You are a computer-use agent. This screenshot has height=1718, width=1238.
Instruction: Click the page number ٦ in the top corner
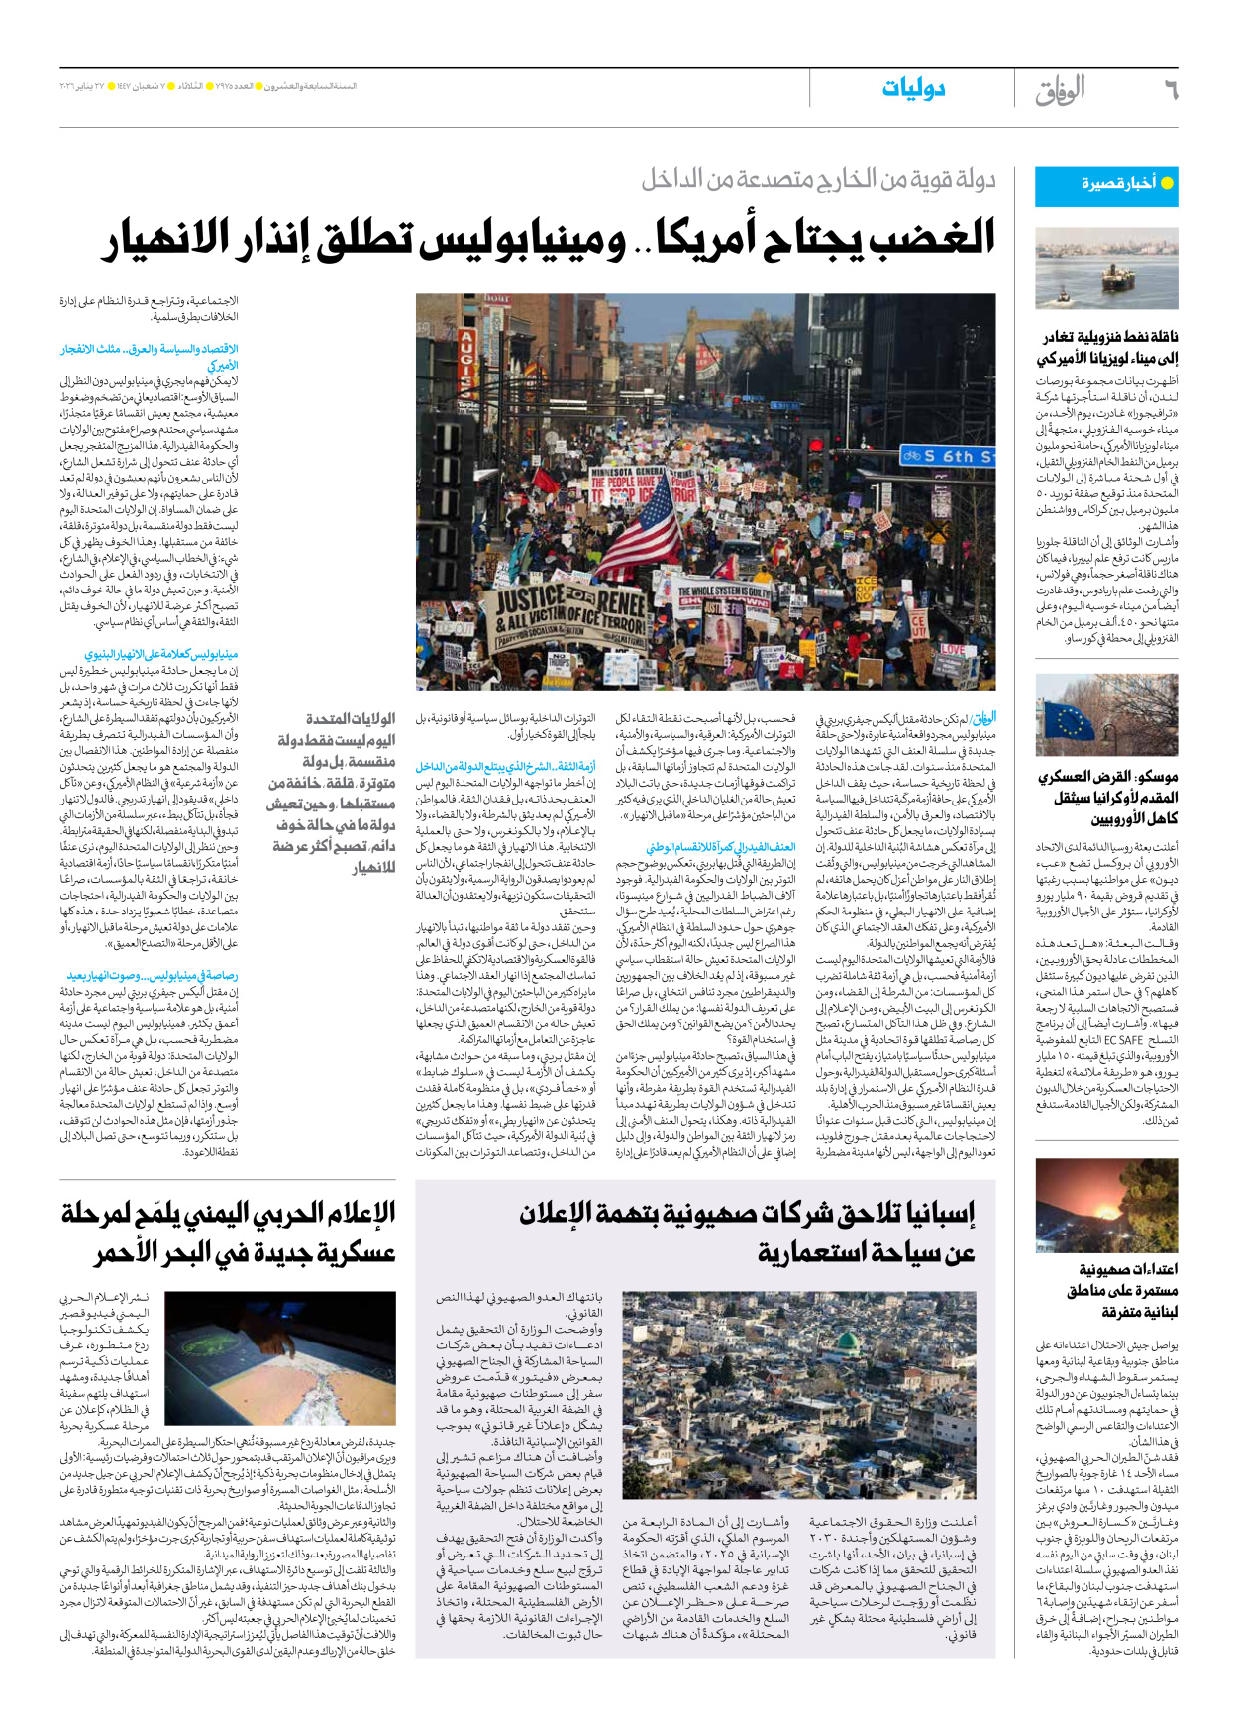[x=1169, y=90]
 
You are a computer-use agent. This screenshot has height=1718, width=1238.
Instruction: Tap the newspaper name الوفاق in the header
[x=1060, y=90]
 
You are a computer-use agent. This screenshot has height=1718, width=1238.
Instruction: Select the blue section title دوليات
[x=913, y=89]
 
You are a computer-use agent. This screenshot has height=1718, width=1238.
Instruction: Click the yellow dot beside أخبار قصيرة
[x=1167, y=184]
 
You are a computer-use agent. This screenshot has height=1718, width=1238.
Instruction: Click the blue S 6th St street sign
[x=949, y=456]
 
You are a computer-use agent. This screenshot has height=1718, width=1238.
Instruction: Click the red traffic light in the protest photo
[x=815, y=466]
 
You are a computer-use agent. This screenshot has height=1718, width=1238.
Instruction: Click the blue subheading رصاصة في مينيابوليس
[x=154, y=976]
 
